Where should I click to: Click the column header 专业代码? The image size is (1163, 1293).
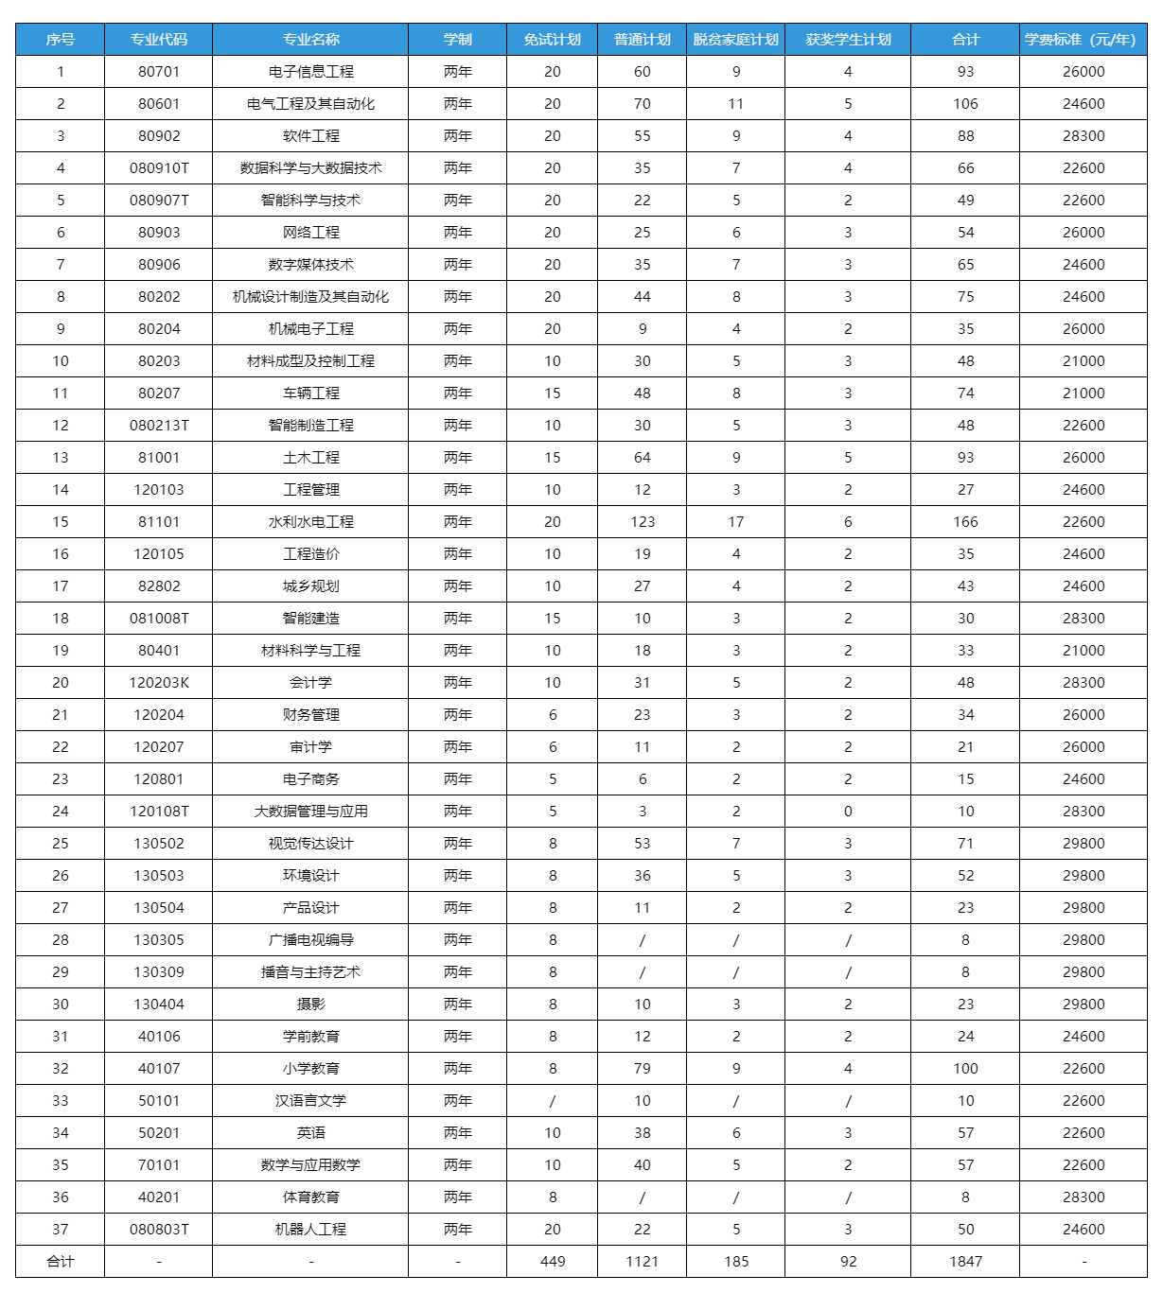tap(159, 40)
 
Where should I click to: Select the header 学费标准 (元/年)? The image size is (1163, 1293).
tap(1083, 40)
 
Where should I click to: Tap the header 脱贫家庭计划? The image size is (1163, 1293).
tap(735, 40)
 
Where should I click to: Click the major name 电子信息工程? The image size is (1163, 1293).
tap(310, 72)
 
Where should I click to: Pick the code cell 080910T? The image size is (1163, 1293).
tap(159, 168)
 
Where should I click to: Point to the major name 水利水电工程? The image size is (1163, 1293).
tap(310, 522)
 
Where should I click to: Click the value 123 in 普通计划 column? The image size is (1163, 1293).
tap(642, 522)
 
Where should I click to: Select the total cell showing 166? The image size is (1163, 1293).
tap(965, 522)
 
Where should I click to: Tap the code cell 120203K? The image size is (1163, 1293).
tap(159, 683)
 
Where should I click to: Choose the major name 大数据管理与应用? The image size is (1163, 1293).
tap(310, 812)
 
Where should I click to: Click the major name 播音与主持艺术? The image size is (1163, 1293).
tap(310, 972)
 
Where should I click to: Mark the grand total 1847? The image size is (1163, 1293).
tap(965, 1262)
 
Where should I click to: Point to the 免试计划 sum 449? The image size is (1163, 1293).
tap(553, 1262)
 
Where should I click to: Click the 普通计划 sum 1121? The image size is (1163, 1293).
tap(642, 1262)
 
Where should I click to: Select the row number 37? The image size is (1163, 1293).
tap(61, 1230)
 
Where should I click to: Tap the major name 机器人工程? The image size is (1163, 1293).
tap(310, 1230)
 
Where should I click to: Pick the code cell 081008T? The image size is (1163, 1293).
tap(159, 619)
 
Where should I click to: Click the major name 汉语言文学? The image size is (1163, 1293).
tap(310, 1101)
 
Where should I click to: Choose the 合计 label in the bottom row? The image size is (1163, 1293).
tap(61, 1262)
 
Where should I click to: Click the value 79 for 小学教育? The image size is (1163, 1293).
tap(642, 1069)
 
